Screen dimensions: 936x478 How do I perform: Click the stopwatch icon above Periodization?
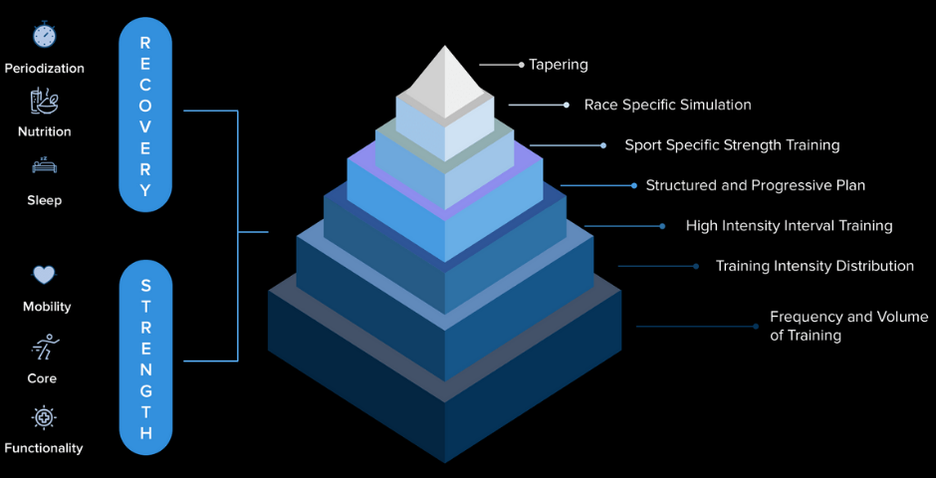click(x=44, y=34)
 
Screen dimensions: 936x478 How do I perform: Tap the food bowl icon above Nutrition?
click(x=44, y=101)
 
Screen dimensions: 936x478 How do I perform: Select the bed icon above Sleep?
click(x=44, y=165)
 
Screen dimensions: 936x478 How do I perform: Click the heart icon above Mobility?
click(x=44, y=275)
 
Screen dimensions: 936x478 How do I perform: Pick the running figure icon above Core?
click(x=45, y=347)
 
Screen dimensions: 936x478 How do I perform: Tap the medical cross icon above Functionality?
click(x=44, y=417)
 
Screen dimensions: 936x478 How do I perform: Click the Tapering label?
click(x=559, y=65)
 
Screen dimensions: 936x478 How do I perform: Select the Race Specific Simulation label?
click(x=667, y=105)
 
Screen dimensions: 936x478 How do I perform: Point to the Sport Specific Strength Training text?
click(x=732, y=145)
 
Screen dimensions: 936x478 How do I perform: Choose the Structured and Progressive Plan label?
click(x=755, y=185)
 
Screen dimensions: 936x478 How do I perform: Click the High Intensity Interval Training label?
click(x=790, y=226)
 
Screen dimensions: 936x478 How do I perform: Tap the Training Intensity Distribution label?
click(x=815, y=266)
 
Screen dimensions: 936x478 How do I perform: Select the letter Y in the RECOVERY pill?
click(x=145, y=190)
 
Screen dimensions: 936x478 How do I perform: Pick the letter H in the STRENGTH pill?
click(x=145, y=432)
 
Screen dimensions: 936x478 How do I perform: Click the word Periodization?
click(x=44, y=69)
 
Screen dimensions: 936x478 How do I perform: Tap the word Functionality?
click(x=44, y=448)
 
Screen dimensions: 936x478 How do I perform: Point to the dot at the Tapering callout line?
click(x=521, y=64)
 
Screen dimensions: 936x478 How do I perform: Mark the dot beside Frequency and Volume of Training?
click(x=755, y=327)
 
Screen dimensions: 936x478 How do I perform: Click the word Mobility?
click(x=47, y=307)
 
